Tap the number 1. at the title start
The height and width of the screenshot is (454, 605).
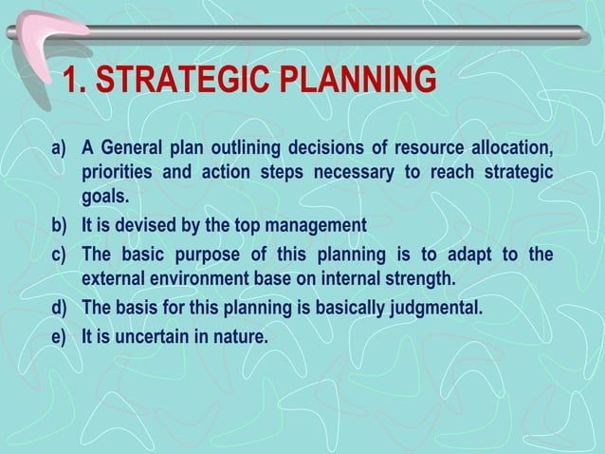click(74, 83)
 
